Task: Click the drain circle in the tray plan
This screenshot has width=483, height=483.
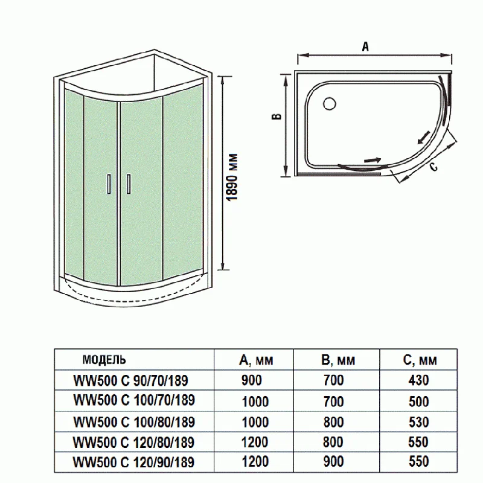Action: pos(329,104)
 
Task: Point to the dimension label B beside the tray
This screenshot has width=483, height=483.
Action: pos(275,118)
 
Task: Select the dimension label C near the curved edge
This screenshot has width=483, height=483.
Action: pos(433,168)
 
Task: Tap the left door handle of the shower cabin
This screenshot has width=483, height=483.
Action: pos(109,184)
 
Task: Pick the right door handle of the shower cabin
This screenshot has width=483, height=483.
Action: pos(128,184)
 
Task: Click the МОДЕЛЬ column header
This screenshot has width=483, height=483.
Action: pos(104,360)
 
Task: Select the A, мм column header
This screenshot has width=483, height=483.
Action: pos(256,360)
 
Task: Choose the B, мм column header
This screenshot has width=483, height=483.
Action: pos(338,360)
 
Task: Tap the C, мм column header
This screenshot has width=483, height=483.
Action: pos(419,360)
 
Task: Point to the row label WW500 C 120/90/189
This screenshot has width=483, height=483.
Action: pos(133,462)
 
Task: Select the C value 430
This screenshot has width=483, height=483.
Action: pos(418,380)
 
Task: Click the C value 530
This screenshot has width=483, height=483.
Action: pos(418,421)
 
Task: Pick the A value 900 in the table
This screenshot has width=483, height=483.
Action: pos(252,380)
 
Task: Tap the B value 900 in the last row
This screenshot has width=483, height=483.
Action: pos(333,462)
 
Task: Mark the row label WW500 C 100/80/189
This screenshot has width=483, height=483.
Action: pos(133,421)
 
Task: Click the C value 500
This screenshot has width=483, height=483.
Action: pos(418,401)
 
